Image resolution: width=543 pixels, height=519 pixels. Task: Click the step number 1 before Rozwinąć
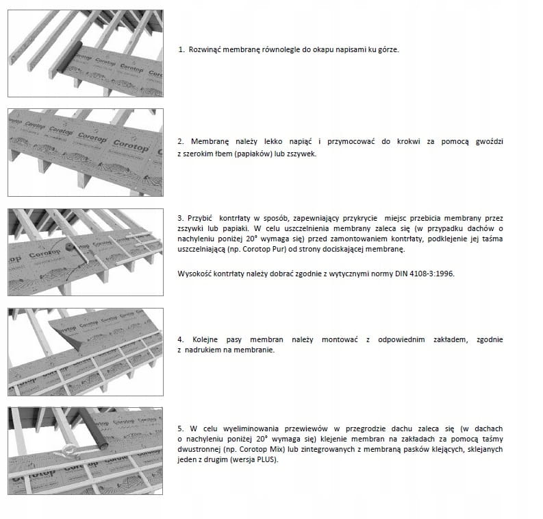point(181,50)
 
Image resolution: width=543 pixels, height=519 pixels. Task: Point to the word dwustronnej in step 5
point(199,448)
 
